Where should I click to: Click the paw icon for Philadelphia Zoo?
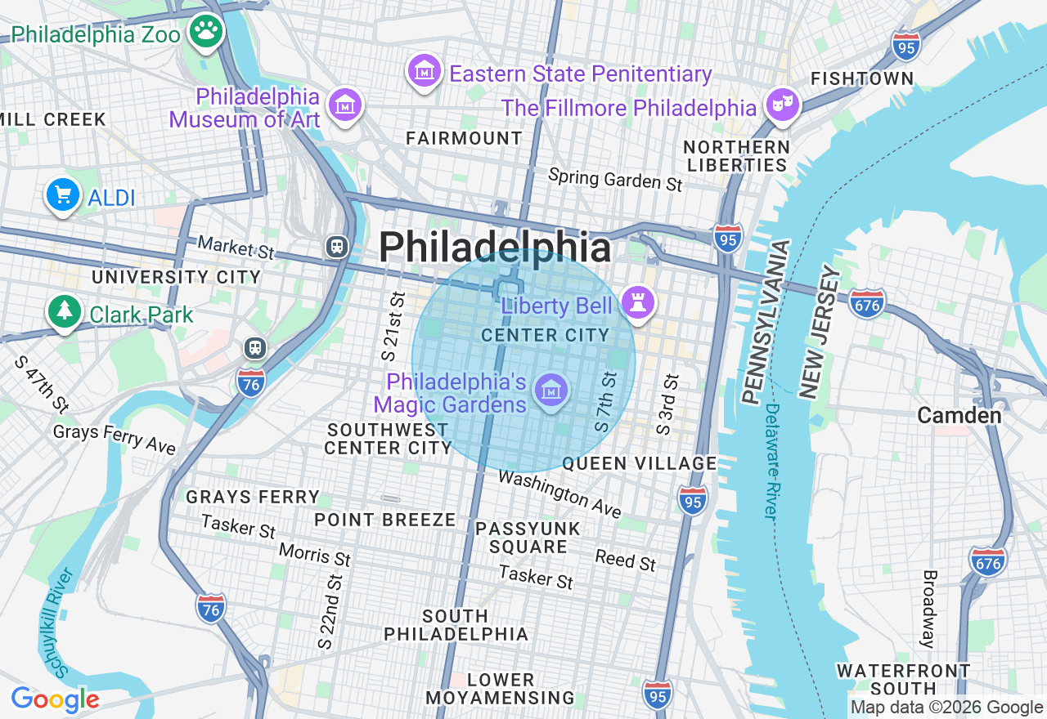pos(206,33)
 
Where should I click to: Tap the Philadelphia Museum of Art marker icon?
pos(344,105)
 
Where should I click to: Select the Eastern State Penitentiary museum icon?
pos(425,73)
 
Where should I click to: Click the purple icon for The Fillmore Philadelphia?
pos(783,105)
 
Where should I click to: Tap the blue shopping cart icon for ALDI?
pos(63,195)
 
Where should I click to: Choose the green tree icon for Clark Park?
pos(63,312)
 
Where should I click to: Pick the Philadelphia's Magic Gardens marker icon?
pos(551,390)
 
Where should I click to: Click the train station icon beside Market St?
pos(336,246)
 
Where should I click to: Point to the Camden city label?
pos(959,415)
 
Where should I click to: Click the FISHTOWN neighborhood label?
pos(861,79)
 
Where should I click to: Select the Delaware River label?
pos(771,462)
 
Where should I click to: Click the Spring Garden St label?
pos(614,180)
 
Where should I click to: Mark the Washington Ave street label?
pos(559,493)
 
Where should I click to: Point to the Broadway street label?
pos(929,609)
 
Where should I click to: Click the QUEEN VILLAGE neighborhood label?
pos(639,463)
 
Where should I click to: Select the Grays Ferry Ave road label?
pos(115,438)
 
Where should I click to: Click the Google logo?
pos(55,699)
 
